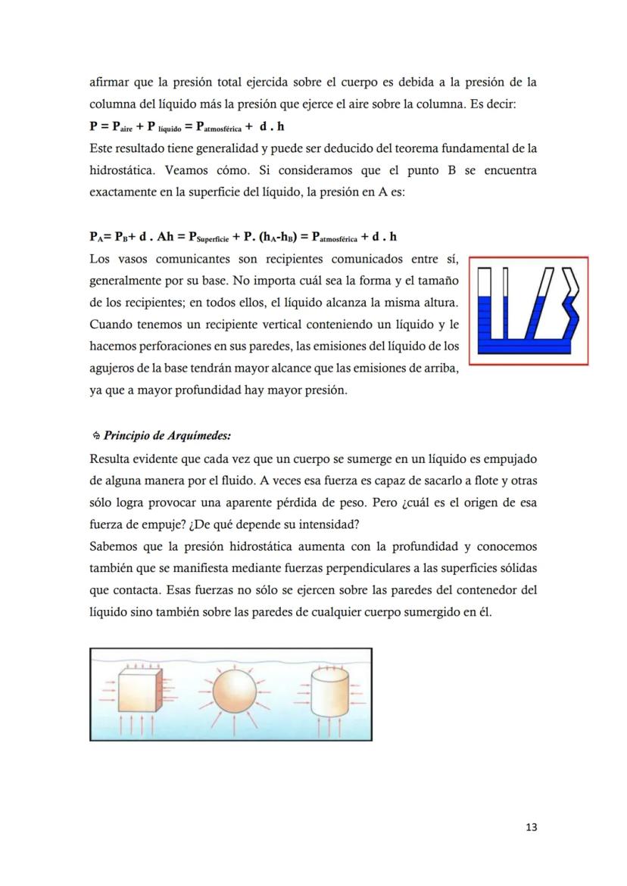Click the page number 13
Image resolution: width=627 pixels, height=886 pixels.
pyautogui.click(x=531, y=827)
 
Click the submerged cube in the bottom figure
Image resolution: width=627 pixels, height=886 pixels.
pyautogui.click(x=136, y=691)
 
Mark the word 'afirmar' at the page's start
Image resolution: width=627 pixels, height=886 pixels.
pyautogui.click(x=108, y=81)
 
